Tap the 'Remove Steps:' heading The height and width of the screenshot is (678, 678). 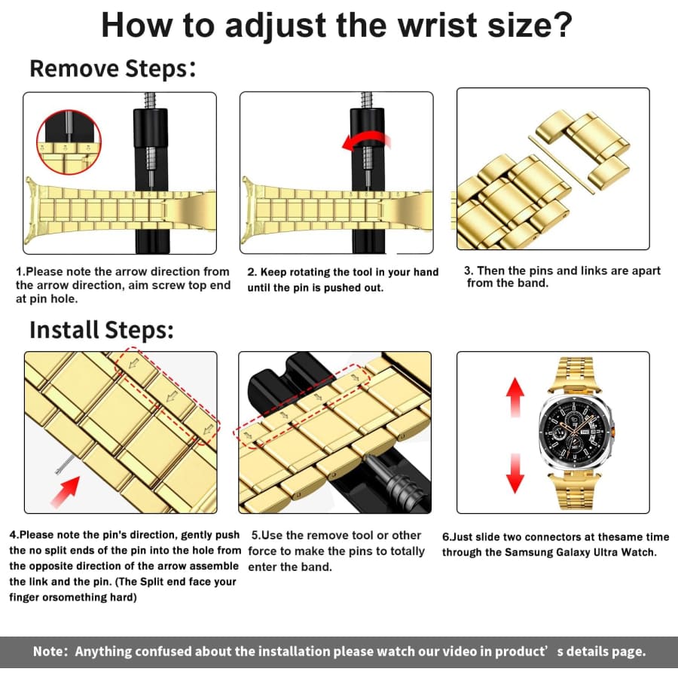click(x=113, y=69)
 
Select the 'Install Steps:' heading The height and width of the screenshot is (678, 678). click(x=102, y=330)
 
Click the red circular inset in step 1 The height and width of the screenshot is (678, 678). click(x=69, y=142)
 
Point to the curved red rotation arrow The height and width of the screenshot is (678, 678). click(x=366, y=142)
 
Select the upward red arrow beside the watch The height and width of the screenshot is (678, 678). click(x=515, y=397)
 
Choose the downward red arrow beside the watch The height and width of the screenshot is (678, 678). click(x=515, y=473)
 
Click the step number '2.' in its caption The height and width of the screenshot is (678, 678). click(x=252, y=273)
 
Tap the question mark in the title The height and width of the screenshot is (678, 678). click(x=562, y=25)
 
